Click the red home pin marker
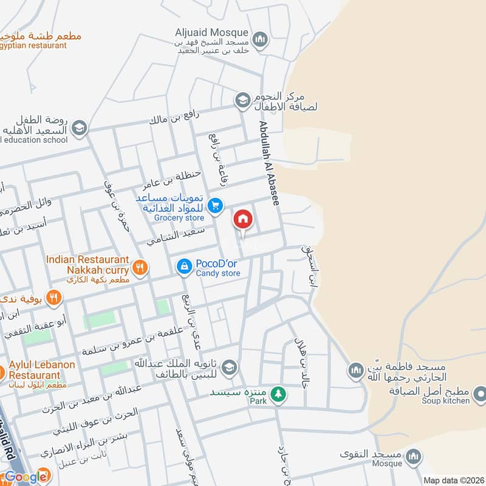[243, 219]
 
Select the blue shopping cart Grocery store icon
[214, 207]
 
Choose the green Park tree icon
[278, 394]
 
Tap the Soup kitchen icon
[479, 392]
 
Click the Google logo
[26, 476]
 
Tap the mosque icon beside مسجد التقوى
[414, 456]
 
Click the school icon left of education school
[79, 128]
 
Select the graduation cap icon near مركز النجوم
[243, 100]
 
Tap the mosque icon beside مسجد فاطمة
[356, 369]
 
